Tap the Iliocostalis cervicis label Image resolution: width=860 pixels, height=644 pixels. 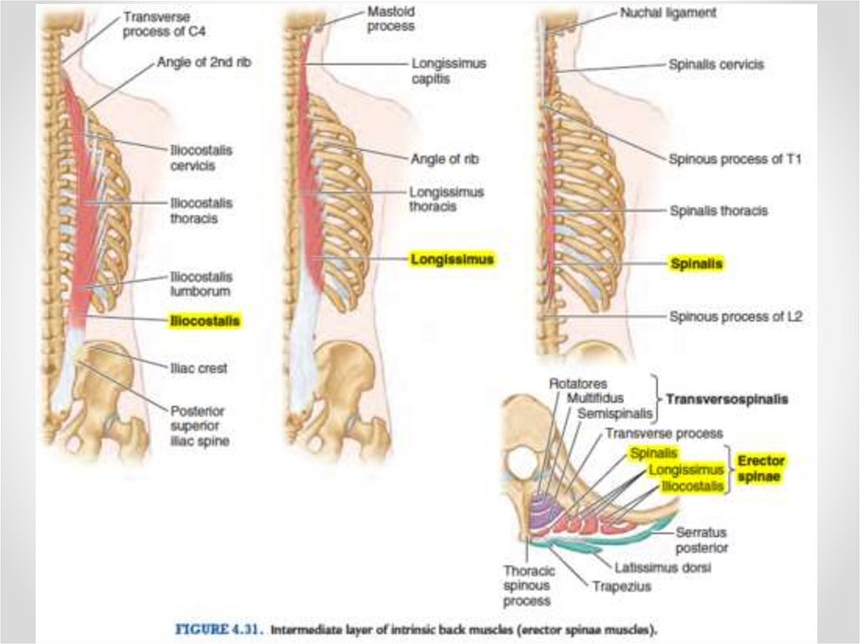coord(201,158)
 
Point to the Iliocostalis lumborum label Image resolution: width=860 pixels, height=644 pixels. coord(201,284)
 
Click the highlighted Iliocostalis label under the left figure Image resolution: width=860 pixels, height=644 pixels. coord(205,321)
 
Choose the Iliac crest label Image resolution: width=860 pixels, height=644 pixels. coord(198,368)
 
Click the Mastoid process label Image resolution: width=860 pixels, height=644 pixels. coord(391,20)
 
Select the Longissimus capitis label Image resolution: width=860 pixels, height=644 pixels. coord(448,71)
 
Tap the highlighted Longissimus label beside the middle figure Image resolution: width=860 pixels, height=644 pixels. coord(452,259)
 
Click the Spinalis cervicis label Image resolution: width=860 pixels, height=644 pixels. coord(716,64)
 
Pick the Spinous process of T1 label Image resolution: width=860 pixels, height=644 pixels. coord(735,159)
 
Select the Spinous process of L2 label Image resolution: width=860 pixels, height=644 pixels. coord(735,317)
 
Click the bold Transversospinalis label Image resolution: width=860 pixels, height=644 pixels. coord(726,400)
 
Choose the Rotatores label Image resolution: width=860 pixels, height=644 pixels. coord(578,384)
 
